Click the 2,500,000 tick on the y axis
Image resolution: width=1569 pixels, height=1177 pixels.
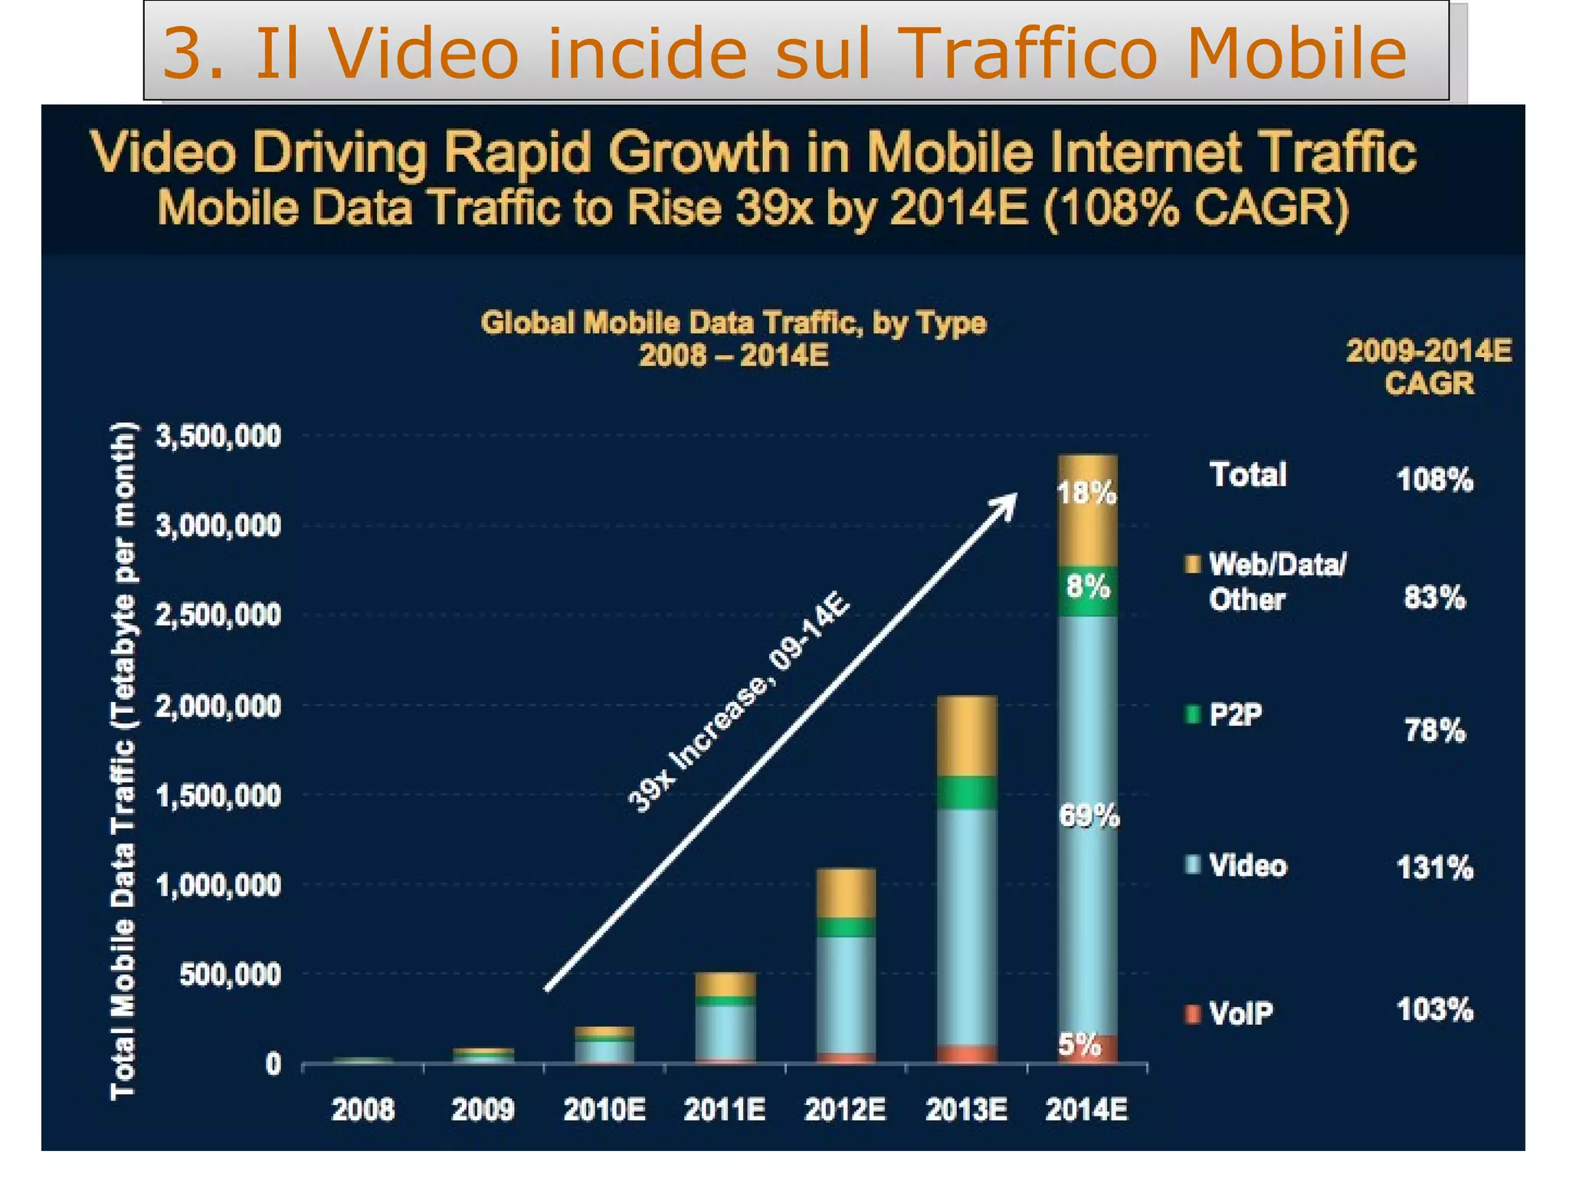[218, 615]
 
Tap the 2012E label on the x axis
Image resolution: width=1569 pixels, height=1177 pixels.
[845, 1110]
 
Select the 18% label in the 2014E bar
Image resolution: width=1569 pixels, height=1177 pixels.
[1087, 493]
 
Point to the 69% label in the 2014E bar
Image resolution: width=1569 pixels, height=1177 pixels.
[1089, 817]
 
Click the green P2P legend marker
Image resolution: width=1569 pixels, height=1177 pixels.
[1192, 715]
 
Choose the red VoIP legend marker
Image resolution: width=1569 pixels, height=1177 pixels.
[1192, 1015]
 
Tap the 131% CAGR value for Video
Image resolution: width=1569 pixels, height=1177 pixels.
[1434, 868]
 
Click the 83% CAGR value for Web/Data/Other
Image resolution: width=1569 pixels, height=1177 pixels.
[1434, 597]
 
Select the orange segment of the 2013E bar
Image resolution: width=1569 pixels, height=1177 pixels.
[967, 736]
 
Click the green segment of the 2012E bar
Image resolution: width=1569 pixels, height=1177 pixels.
[846, 927]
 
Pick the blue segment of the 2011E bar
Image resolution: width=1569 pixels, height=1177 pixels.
[725, 1031]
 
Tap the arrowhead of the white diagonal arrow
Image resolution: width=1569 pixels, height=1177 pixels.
[1007, 503]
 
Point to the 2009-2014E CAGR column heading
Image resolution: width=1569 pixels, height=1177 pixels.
[1429, 367]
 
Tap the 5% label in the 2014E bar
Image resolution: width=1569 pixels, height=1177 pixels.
[1079, 1044]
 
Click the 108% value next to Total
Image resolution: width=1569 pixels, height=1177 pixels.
[1434, 480]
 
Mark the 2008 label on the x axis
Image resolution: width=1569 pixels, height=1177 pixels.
[362, 1110]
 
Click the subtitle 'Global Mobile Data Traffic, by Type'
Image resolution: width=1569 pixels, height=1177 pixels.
[733, 323]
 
